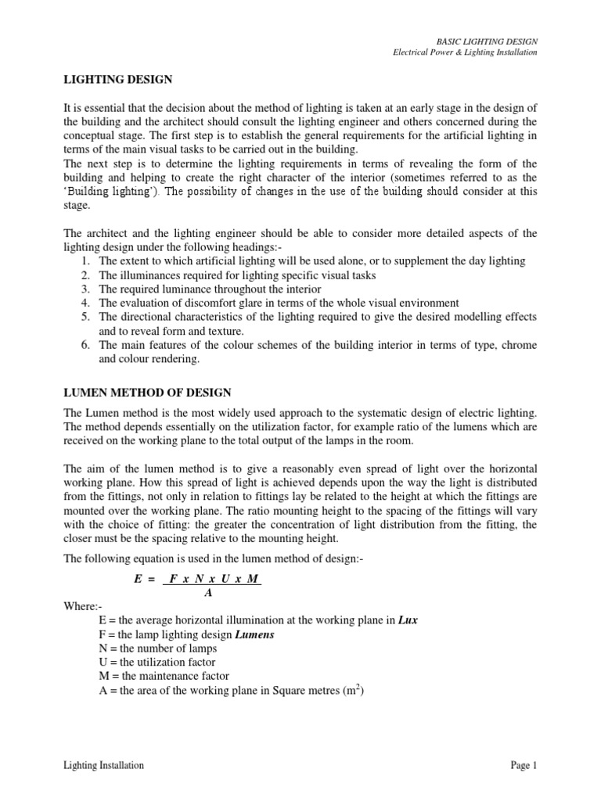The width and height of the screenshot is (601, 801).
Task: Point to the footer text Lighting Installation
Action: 103,765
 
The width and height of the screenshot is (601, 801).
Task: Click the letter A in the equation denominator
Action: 208,592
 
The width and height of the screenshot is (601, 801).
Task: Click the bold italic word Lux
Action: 408,620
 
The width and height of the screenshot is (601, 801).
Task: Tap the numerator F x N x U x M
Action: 213,580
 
